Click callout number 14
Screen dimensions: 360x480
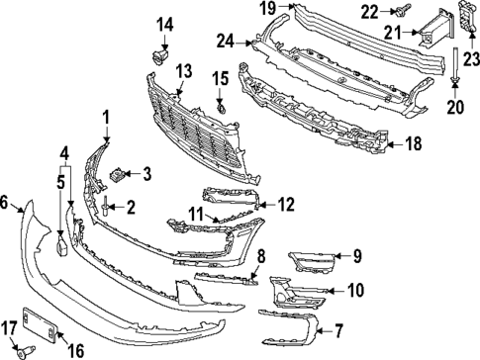click(x=163, y=23)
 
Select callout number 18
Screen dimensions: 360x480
click(x=413, y=144)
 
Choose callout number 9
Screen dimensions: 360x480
click(x=357, y=257)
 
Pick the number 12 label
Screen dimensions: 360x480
click(x=285, y=205)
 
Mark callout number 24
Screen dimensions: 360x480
click(x=226, y=42)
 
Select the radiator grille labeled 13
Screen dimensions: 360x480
click(x=193, y=124)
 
